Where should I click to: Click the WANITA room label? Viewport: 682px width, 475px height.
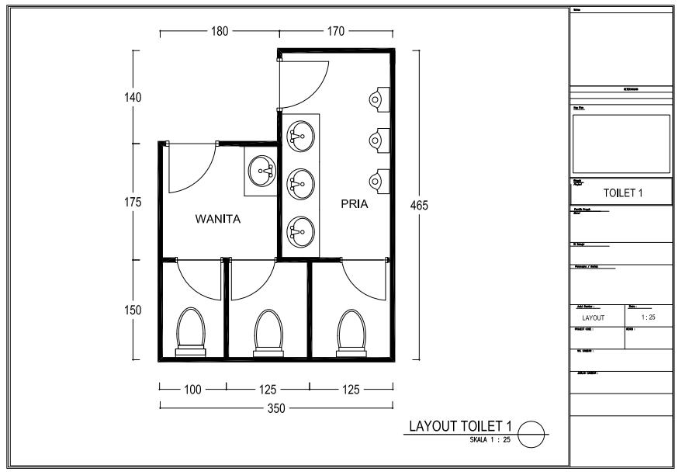point(217,220)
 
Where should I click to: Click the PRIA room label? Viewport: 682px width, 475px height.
point(354,206)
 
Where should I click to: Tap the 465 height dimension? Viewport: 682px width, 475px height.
point(419,206)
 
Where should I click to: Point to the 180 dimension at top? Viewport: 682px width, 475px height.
point(220,32)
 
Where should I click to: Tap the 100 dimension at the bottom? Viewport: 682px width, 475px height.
point(192,390)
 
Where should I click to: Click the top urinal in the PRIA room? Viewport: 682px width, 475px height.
point(377,98)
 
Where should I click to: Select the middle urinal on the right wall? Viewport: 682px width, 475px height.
point(377,139)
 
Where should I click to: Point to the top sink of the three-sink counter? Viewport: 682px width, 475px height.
point(299,137)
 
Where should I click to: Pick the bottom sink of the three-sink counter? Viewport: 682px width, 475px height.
point(299,231)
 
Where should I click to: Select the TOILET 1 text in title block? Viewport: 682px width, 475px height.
point(621,192)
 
